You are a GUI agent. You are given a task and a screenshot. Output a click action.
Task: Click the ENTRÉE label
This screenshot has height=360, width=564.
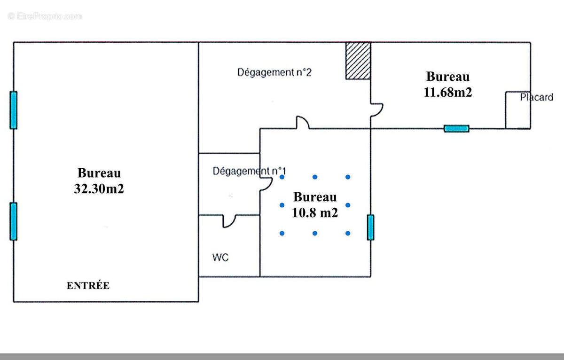point(88,285)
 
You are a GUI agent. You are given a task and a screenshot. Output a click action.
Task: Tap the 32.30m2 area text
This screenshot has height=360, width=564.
point(99,188)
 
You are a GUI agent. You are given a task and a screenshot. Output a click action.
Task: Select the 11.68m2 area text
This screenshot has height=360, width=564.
point(447,92)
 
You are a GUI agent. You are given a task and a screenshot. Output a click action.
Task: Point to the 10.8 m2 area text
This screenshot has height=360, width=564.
point(315,212)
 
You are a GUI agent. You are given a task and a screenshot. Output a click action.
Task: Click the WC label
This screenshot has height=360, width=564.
point(220,257)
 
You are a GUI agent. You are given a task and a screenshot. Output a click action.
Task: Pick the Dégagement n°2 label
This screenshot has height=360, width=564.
point(274,72)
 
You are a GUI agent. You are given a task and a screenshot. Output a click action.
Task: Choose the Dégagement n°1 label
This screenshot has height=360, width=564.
point(249,171)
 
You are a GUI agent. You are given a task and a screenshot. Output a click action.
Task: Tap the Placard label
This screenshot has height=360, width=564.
point(537,97)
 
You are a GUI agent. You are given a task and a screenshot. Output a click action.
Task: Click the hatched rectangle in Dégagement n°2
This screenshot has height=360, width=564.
point(358,61)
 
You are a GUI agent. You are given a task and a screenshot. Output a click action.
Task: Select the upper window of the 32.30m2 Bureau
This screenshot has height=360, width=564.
point(14,110)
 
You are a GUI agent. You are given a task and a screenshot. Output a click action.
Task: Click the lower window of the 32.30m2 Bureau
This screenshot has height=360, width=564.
point(14,221)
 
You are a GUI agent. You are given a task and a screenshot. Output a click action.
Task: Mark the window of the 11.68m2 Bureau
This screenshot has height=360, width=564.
point(456,129)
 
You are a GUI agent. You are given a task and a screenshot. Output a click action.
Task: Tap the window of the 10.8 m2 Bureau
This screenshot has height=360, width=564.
point(370,227)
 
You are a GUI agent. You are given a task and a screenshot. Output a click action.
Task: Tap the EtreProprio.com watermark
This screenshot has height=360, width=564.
point(45,16)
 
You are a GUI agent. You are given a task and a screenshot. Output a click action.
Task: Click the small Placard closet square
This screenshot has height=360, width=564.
point(518,110)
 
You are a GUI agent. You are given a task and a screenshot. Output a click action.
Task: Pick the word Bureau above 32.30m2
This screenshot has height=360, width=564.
point(99,173)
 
